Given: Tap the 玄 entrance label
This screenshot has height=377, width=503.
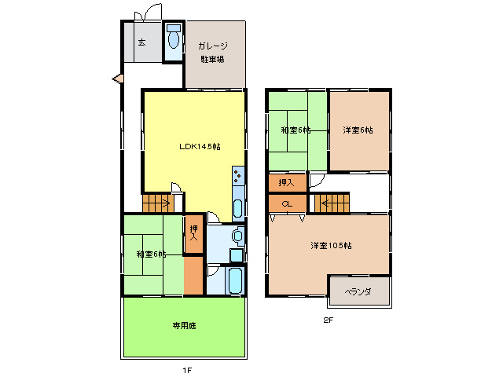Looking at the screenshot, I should (142, 42).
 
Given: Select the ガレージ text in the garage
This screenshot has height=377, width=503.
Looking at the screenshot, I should (213, 46).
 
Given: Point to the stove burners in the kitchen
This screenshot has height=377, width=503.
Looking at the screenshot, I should (237, 177).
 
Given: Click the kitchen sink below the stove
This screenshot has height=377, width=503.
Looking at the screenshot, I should (237, 209).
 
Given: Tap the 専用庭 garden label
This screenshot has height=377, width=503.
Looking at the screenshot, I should (184, 325).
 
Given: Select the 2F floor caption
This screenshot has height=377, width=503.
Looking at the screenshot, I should (329, 320).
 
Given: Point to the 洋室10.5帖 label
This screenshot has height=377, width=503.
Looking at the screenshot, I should (329, 246).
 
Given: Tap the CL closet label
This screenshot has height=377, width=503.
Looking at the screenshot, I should (287, 204).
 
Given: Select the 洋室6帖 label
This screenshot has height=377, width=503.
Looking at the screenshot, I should (358, 130).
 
